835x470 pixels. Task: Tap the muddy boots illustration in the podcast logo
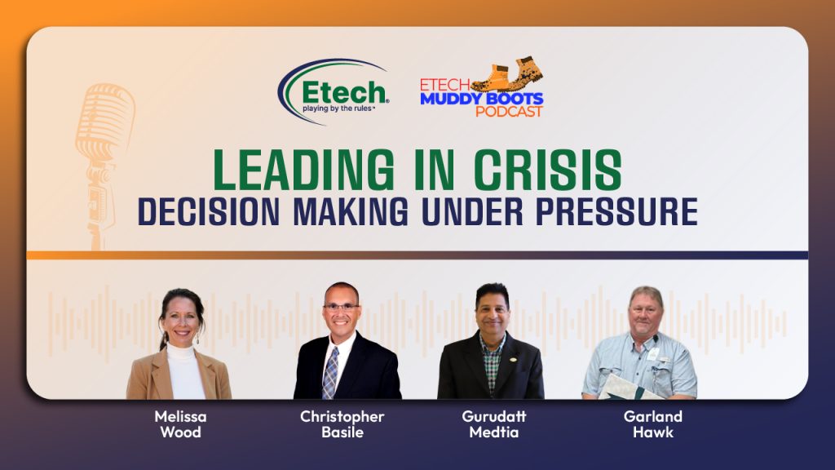point(508,76)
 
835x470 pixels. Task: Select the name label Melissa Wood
point(180,424)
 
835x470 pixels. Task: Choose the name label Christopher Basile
point(342,424)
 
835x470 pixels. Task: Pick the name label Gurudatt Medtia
point(494,424)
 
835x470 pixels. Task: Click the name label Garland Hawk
point(653,424)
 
